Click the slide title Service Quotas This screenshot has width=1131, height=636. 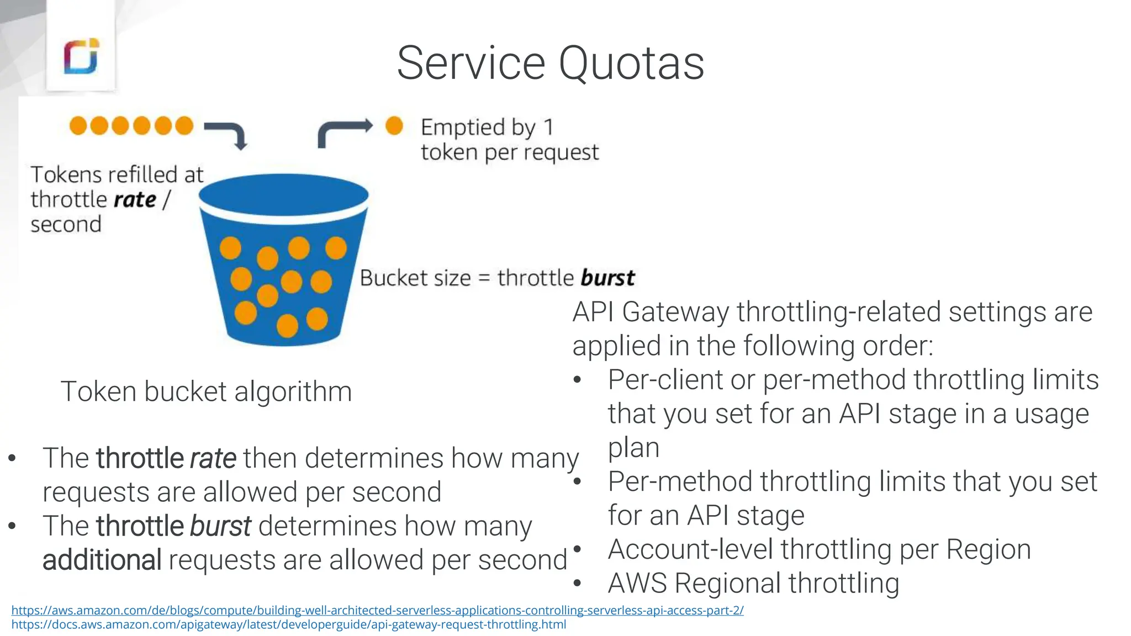click(x=550, y=63)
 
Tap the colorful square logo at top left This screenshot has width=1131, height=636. click(x=81, y=56)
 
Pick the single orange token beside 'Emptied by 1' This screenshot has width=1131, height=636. click(x=394, y=126)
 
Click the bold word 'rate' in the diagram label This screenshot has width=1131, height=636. click(x=135, y=199)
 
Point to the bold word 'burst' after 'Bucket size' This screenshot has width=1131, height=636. click(x=607, y=278)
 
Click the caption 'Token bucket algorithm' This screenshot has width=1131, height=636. click(x=206, y=391)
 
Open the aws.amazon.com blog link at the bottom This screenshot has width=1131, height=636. click(x=377, y=610)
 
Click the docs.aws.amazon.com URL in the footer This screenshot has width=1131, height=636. click(x=288, y=624)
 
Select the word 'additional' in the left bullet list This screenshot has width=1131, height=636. click(x=102, y=560)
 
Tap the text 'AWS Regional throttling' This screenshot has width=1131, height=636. click(x=753, y=583)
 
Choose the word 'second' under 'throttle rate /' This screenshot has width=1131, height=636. click(x=66, y=225)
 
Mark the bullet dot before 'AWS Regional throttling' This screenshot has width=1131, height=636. click(x=578, y=583)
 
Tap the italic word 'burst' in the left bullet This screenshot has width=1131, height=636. click(x=220, y=526)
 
